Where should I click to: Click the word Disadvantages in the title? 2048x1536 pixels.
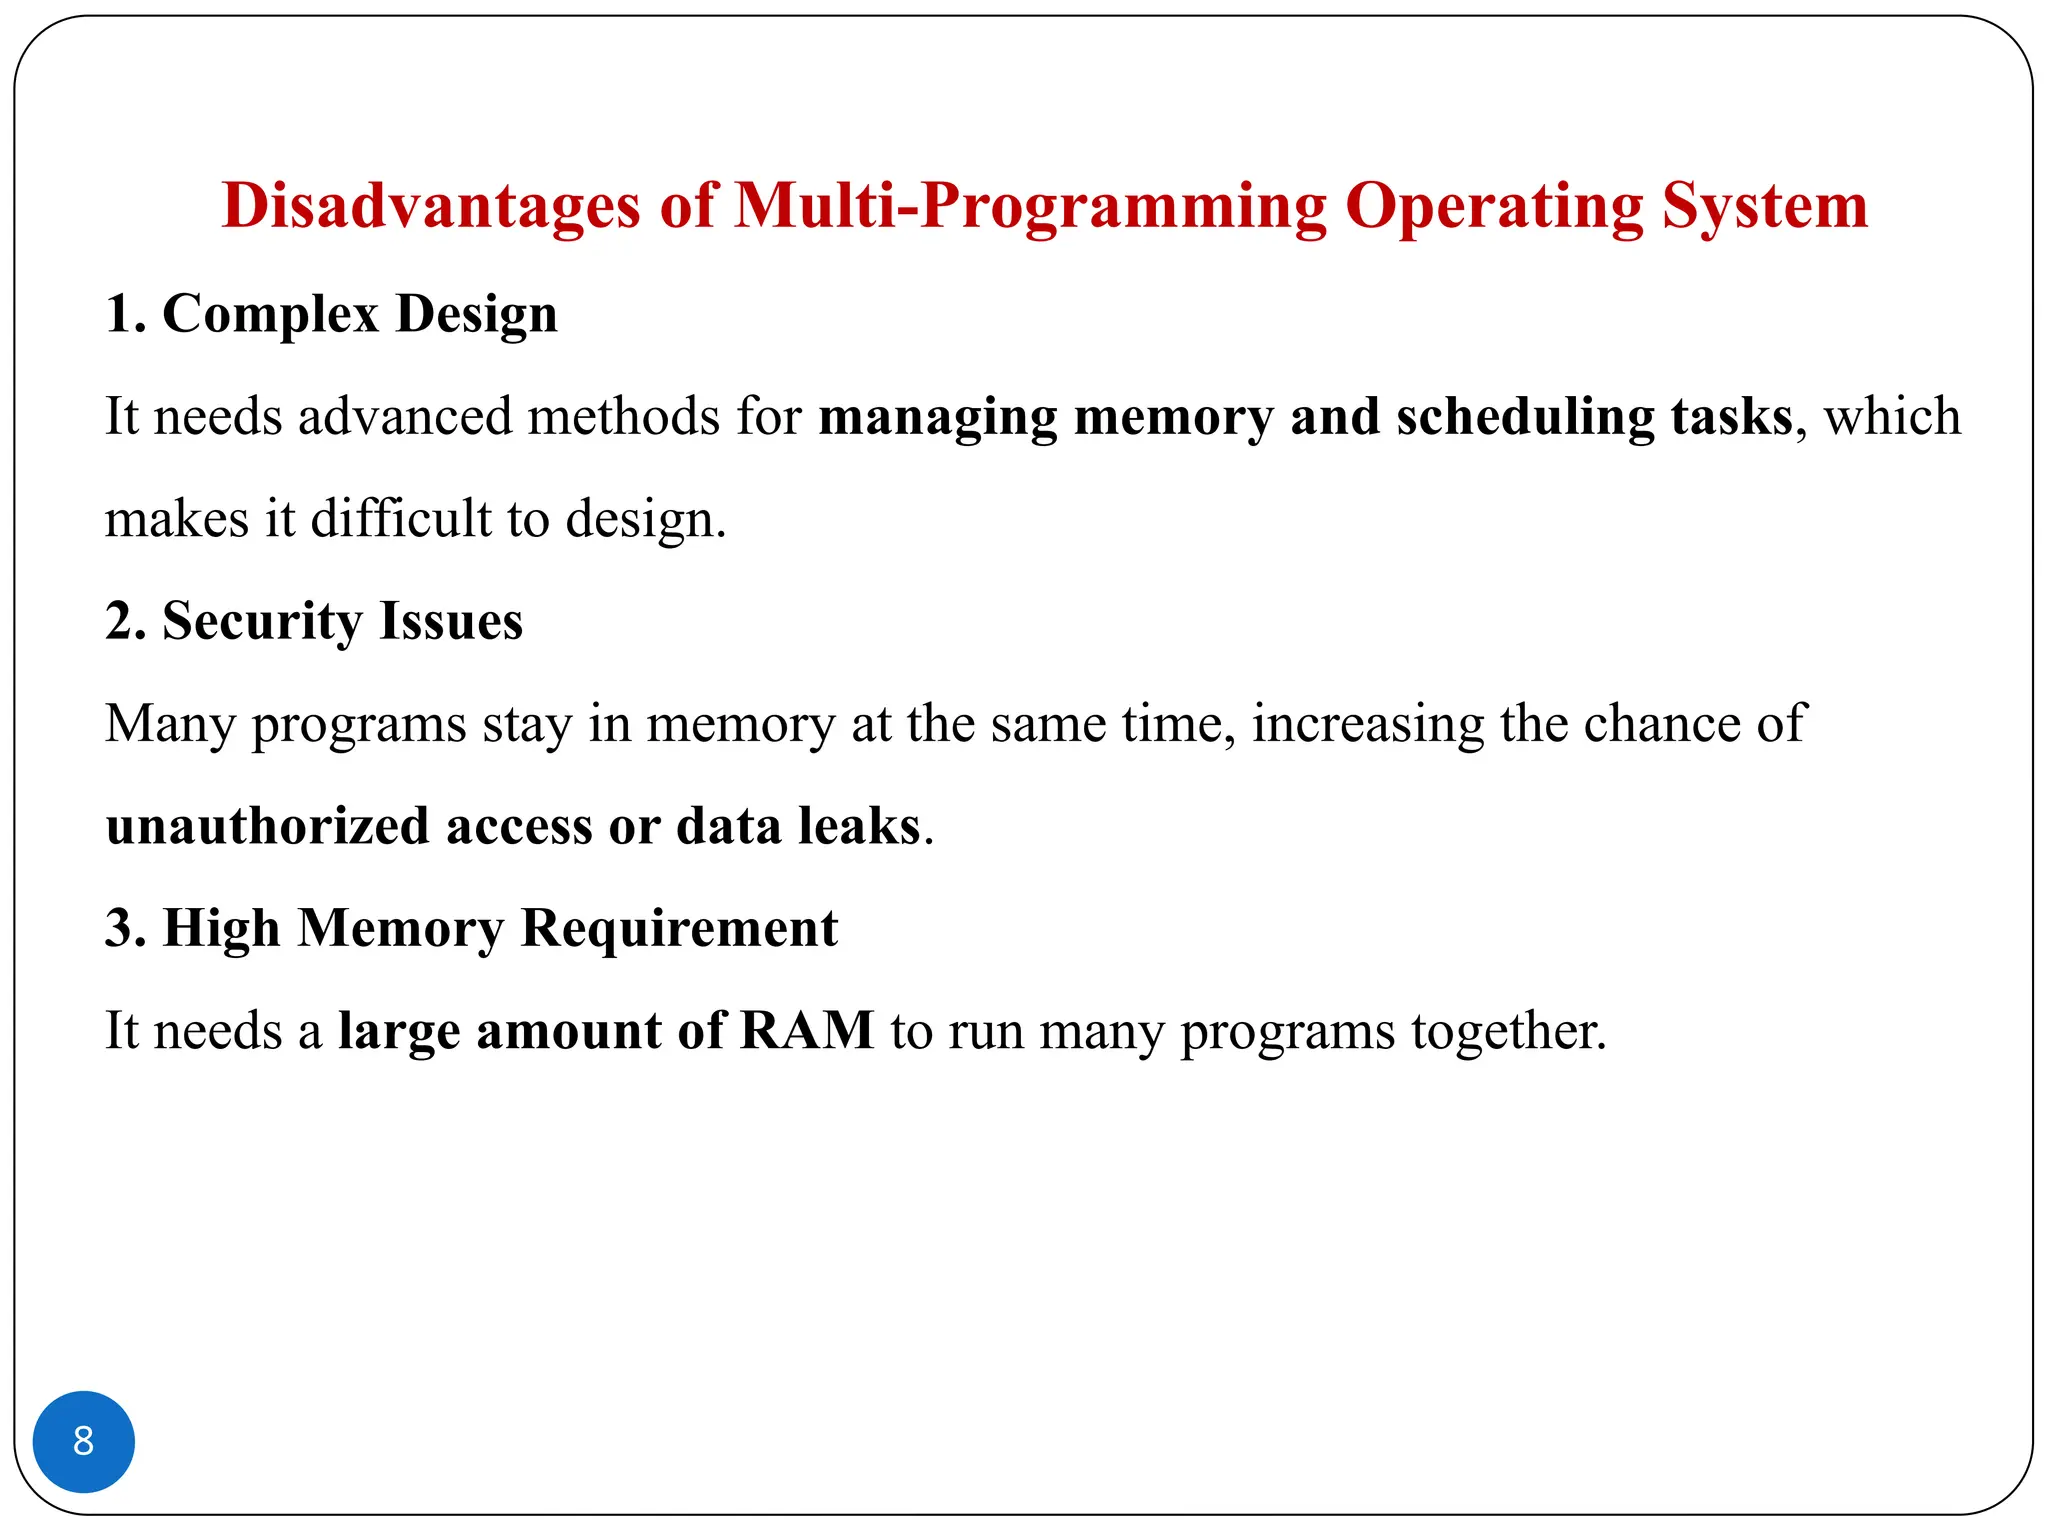point(430,206)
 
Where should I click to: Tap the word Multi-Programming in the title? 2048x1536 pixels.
point(1030,206)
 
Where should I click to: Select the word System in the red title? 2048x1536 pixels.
point(1765,206)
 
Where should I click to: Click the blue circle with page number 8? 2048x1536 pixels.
point(84,1441)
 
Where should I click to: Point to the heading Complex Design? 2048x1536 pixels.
point(331,314)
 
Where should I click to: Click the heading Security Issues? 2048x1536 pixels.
point(314,621)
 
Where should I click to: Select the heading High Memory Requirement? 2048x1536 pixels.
point(471,928)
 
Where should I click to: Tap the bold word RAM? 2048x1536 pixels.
point(807,1031)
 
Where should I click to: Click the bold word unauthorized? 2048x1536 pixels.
point(267,826)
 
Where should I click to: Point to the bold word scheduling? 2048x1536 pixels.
point(1525,417)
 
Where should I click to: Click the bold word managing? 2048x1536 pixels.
point(937,417)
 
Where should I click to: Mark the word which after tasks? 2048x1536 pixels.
point(1892,417)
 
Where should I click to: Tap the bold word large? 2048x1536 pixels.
point(399,1031)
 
